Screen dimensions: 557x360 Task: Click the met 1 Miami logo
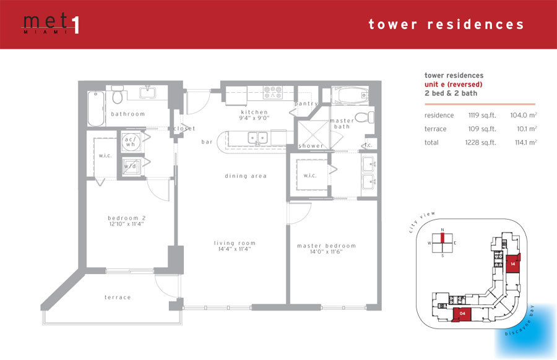[x=51, y=24]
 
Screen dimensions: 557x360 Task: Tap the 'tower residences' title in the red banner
[x=446, y=24]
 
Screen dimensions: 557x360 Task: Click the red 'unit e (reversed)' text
[x=453, y=85]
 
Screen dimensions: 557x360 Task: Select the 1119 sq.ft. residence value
[x=482, y=116]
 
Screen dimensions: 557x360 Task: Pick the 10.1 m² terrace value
[x=527, y=129]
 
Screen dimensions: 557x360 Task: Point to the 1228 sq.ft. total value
[x=481, y=143]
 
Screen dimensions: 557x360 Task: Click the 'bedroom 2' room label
[x=127, y=218]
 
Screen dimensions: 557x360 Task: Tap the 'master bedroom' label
[x=326, y=246]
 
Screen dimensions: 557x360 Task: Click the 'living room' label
[x=235, y=243]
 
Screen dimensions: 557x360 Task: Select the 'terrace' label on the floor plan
[x=118, y=298]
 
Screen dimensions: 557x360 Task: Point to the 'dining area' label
[x=246, y=176]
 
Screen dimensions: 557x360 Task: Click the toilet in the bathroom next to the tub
[x=117, y=95]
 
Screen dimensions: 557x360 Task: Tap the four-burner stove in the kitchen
[x=273, y=92]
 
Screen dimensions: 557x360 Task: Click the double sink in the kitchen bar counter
[x=257, y=138]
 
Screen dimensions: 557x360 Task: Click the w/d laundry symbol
[x=131, y=166]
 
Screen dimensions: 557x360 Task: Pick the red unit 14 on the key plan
[x=513, y=264]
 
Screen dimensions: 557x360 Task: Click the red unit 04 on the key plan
[x=462, y=315]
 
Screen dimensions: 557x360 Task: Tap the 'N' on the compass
[x=443, y=230]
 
